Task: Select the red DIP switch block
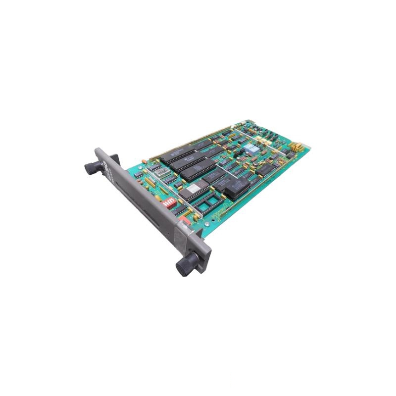[x=168, y=202]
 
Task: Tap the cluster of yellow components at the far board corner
[x=297, y=147]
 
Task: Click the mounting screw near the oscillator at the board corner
[x=144, y=161]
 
